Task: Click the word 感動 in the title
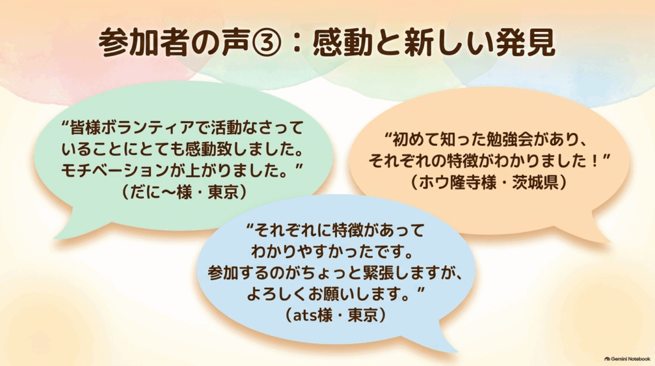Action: [x=342, y=43]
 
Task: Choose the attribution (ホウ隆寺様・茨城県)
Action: [x=489, y=182]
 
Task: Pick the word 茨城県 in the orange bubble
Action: [x=535, y=182]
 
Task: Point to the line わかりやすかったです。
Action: [x=333, y=251]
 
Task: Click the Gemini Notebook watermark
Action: [x=627, y=359]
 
